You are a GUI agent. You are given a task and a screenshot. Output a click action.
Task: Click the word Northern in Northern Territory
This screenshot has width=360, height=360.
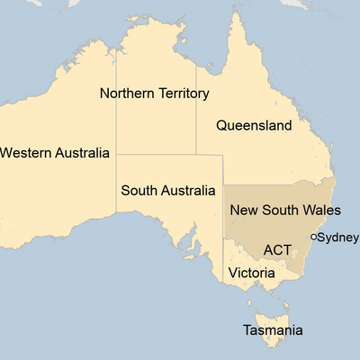125,93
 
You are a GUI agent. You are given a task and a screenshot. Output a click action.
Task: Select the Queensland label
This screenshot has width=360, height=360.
254,125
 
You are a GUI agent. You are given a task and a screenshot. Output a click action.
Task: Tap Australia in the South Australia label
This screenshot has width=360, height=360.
186,191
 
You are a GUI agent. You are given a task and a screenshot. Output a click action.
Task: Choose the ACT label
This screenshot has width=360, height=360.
277,248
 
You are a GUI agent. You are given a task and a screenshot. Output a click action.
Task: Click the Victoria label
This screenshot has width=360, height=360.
251,272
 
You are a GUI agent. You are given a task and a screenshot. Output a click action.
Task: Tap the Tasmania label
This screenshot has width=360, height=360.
273,330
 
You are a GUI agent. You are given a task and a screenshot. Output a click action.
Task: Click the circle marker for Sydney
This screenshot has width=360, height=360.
312,237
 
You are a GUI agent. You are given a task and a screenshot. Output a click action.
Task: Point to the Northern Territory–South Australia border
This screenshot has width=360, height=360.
157,154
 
